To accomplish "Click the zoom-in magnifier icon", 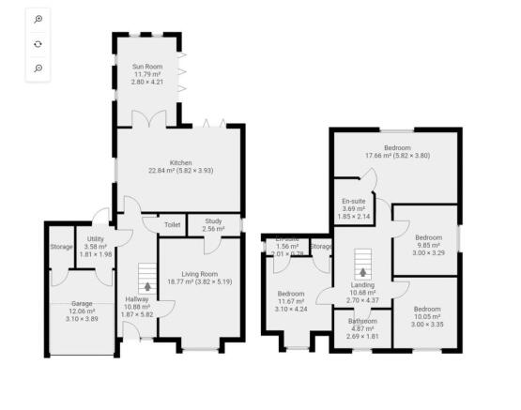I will pyautogui.click(x=38, y=19).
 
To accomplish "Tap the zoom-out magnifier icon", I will pyautogui.click(x=38, y=68).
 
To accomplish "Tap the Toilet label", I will pyautogui.click(x=172, y=225).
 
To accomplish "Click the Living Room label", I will pyautogui.click(x=198, y=273).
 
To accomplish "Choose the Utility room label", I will pyautogui.click(x=96, y=239).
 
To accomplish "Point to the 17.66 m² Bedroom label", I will pyautogui.click(x=395, y=148).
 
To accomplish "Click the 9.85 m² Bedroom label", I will pyautogui.click(x=427, y=237).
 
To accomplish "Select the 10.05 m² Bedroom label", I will pyautogui.click(x=427, y=309).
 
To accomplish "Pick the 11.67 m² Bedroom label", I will pyautogui.click(x=291, y=293).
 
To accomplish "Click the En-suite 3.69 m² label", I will pyautogui.click(x=354, y=201).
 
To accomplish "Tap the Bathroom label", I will pyautogui.click(x=362, y=321).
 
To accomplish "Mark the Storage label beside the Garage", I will pyautogui.click(x=61, y=247).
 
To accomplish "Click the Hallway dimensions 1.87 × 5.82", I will pyautogui.click(x=137, y=314).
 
